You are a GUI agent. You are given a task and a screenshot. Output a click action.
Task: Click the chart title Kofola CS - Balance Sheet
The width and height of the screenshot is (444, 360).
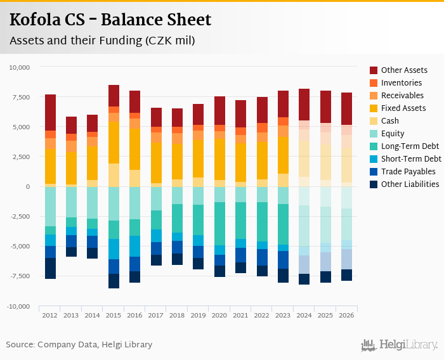click(110, 20)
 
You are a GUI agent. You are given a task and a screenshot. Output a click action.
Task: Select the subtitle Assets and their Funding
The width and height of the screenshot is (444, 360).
click(102, 41)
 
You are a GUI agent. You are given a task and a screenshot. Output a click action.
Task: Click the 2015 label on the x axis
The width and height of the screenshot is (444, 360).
click(114, 315)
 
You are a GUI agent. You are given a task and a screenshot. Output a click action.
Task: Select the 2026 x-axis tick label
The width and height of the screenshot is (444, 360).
click(346, 315)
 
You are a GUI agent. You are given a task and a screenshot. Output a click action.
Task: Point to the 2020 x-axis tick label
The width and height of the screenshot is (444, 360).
click(219, 315)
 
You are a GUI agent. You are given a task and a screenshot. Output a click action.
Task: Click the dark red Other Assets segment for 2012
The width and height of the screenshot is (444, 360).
click(51, 113)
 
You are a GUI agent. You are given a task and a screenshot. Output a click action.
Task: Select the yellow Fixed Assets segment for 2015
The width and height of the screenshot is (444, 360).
click(114, 143)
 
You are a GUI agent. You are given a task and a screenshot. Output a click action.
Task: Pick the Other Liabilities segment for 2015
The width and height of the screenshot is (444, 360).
click(114, 281)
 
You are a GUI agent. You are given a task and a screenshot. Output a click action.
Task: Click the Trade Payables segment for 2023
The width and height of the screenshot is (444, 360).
click(283, 260)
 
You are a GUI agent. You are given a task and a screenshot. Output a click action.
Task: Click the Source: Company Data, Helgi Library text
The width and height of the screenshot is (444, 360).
click(79, 345)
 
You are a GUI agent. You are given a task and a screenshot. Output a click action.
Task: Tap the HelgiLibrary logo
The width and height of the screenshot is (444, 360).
click(399, 345)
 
